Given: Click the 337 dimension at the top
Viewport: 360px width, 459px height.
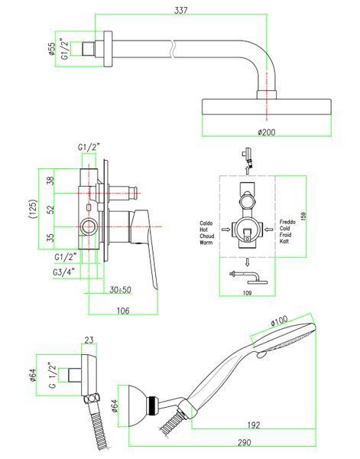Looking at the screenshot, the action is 180,10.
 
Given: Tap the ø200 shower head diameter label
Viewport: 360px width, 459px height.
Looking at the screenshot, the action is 267,132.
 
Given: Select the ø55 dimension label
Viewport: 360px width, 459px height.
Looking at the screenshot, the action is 51,49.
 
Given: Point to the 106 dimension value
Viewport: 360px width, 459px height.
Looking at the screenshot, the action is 123,311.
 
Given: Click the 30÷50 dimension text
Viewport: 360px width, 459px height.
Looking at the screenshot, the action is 121,290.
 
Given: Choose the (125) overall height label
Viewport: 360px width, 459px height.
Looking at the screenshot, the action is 34,209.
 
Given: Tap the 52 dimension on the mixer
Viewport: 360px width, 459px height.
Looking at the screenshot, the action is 51,209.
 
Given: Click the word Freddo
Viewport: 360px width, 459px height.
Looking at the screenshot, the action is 287,222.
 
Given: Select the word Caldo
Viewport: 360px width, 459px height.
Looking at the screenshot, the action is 206,223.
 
